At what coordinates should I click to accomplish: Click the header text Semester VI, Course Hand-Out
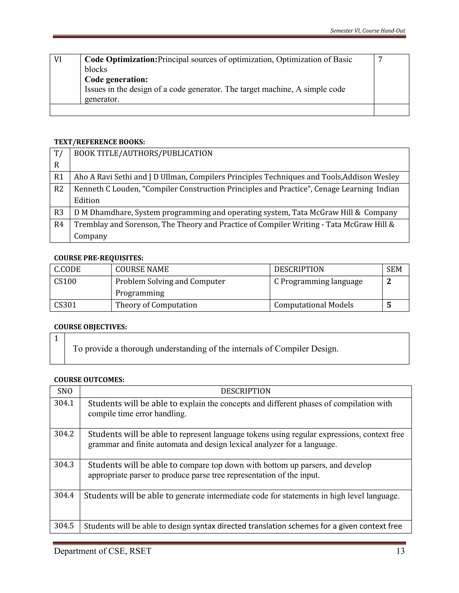(367, 31)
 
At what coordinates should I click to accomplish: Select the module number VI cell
(58, 60)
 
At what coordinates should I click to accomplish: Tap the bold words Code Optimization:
(121, 60)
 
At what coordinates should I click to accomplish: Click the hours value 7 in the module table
(380, 60)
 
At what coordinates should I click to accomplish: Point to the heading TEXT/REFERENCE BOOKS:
(100, 142)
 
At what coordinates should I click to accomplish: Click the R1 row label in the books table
(59, 177)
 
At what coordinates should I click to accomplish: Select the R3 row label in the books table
(59, 213)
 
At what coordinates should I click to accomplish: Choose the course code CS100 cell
(65, 282)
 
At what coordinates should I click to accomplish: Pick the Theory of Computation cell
(156, 305)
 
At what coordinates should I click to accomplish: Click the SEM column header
(394, 270)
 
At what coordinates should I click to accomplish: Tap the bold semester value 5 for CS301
(389, 305)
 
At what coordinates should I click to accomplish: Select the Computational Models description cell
(314, 305)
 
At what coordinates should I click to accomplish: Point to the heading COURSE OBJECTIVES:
(91, 327)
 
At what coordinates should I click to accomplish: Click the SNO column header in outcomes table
(65, 391)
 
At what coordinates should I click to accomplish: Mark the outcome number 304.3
(64, 465)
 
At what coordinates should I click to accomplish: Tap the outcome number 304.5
(64, 526)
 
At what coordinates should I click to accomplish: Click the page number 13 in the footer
(400, 551)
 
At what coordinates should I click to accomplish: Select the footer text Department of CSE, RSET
(102, 551)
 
